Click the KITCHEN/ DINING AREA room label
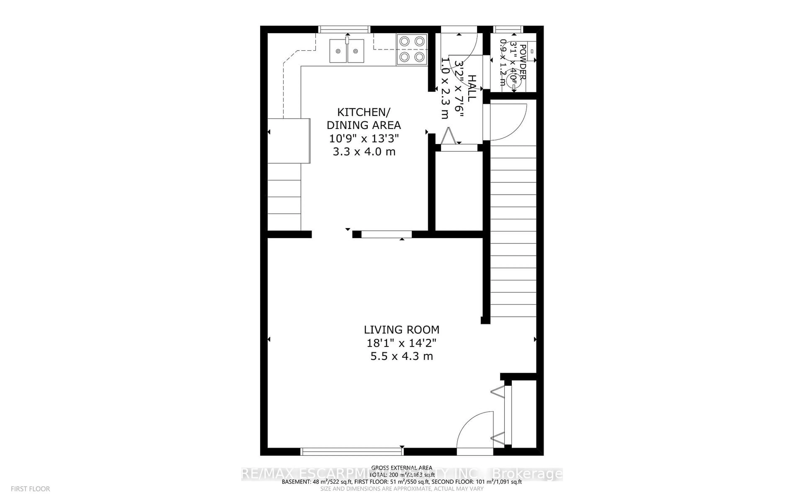(364, 119)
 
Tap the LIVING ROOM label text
(401, 330)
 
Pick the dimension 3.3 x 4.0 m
(364, 152)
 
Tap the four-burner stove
(412, 49)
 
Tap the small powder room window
(508, 29)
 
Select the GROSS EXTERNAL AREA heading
(401, 468)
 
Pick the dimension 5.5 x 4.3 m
(401, 356)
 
